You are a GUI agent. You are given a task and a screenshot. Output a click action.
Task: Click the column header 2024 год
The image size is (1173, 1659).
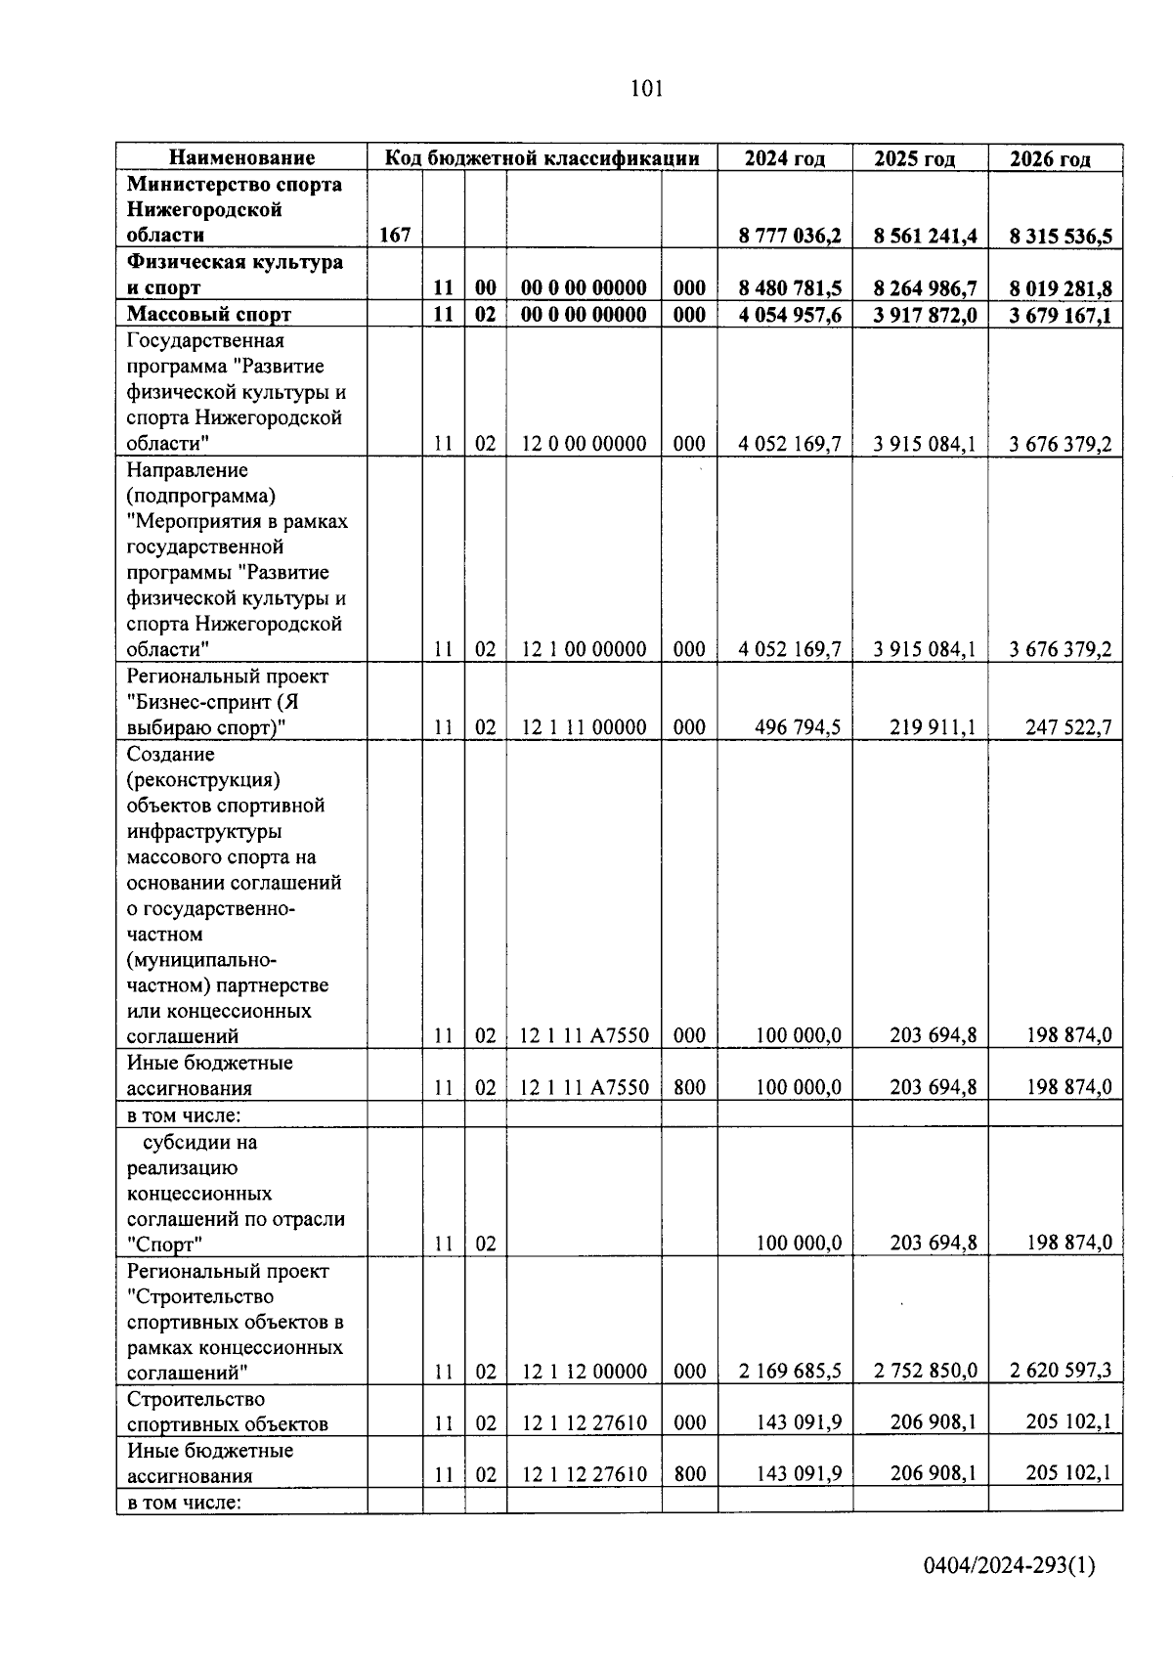coord(784,158)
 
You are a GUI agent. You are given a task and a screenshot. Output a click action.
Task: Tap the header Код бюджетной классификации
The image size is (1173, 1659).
coord(542,158)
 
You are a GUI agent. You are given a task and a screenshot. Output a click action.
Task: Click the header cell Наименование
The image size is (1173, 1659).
coord(241,158)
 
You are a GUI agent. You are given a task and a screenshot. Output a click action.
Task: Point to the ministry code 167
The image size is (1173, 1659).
coord(394,236)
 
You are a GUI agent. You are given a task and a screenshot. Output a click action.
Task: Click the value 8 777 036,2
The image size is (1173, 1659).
coord(790,236)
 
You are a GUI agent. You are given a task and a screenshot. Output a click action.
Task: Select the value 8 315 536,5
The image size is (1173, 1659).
coord(1061,237)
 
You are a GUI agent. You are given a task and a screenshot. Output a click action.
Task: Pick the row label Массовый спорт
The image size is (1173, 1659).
coord(209,314)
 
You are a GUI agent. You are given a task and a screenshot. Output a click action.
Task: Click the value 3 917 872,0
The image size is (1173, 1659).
coord(925,315)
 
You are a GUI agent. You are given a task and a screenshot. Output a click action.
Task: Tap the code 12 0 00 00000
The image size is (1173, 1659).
coord(584,444)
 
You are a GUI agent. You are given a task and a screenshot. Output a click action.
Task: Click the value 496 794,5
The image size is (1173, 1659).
coord(798,727)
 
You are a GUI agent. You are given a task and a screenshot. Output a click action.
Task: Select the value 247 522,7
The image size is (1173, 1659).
coord(1067,727)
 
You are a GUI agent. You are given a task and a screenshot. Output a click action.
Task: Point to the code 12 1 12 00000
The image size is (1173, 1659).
coord(584,1372)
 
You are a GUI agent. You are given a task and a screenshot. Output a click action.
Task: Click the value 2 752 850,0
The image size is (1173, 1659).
coord(925,1372)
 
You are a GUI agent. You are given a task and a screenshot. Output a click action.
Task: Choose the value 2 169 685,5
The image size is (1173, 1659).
coord(790,1372)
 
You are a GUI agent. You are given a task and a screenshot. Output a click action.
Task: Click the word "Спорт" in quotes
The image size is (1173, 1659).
coord(164,1244)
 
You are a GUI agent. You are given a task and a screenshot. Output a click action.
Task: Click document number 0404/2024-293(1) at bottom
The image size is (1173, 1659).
coord(1010,1567)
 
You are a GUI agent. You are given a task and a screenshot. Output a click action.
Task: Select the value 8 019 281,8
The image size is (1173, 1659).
coord(1061,288)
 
